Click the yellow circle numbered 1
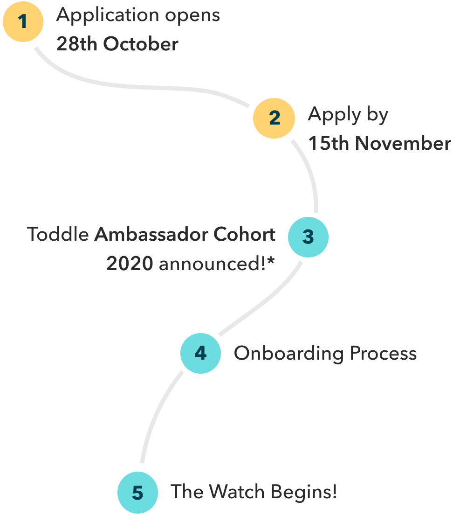coord(23,21)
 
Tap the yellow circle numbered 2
coord(274,118)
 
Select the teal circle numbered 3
coord(308,237)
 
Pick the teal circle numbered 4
coord(200,353)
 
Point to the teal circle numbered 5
coord(137,493)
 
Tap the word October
coord(141,44)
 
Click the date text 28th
coord(77,44)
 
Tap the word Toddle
coord(58,234)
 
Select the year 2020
coord(130,264)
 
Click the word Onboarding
coord(288,354)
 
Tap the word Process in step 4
coord(383,354)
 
